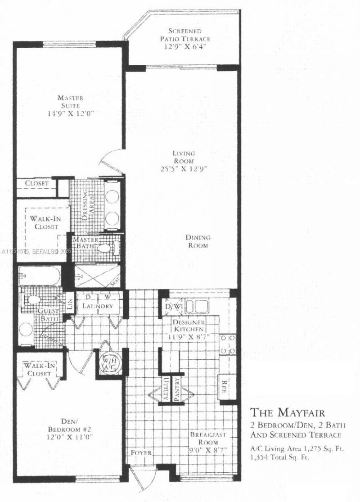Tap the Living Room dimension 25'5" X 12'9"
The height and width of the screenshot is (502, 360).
pos(183,169)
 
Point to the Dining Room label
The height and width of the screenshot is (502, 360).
pos(198,241)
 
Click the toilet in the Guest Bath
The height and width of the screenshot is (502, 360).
pos(32,299)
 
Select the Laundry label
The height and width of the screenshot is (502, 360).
pos(97,306)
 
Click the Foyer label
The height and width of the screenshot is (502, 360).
pos(142,452)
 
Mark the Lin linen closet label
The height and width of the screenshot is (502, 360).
pos(69,303)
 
